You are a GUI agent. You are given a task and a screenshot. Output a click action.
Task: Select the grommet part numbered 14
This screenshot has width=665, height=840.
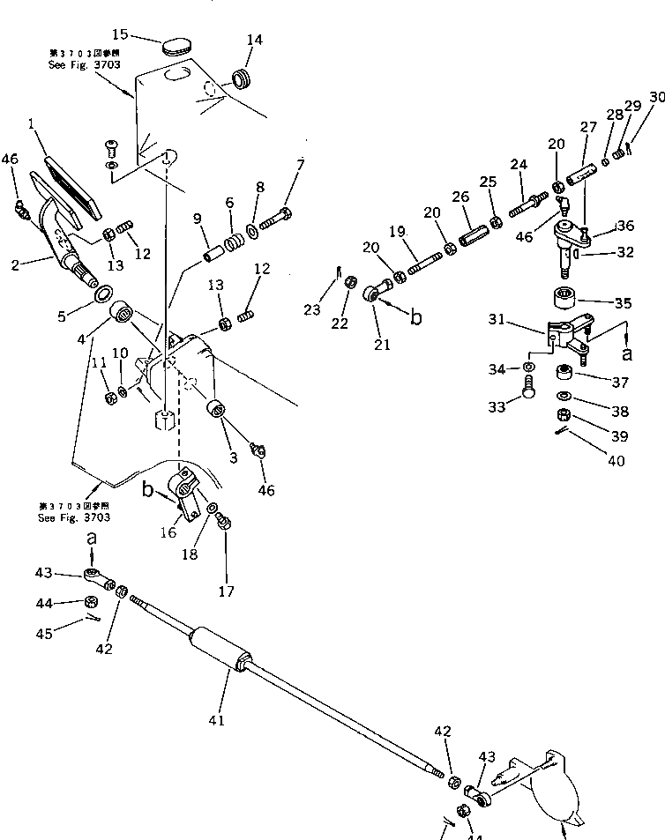pos(240,78)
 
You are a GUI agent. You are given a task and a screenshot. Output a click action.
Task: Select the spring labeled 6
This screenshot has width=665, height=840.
pos(234,238)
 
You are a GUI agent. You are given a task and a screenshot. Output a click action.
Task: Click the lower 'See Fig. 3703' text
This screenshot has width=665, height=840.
pos(74,517)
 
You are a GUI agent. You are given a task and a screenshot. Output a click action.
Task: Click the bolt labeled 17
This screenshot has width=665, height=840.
pos(225,524)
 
